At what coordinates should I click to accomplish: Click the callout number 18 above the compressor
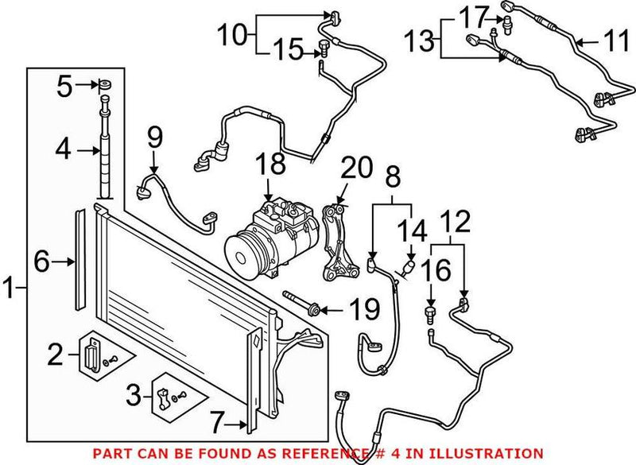point(270,165)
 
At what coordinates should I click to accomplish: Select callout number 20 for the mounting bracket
point(356,169)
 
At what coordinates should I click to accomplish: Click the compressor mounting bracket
point(337,242)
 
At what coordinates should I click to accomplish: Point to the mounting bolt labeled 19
point(301,303)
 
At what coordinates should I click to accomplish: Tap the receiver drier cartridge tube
point(104,151)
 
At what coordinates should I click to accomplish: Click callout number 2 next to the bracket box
point(54,354)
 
